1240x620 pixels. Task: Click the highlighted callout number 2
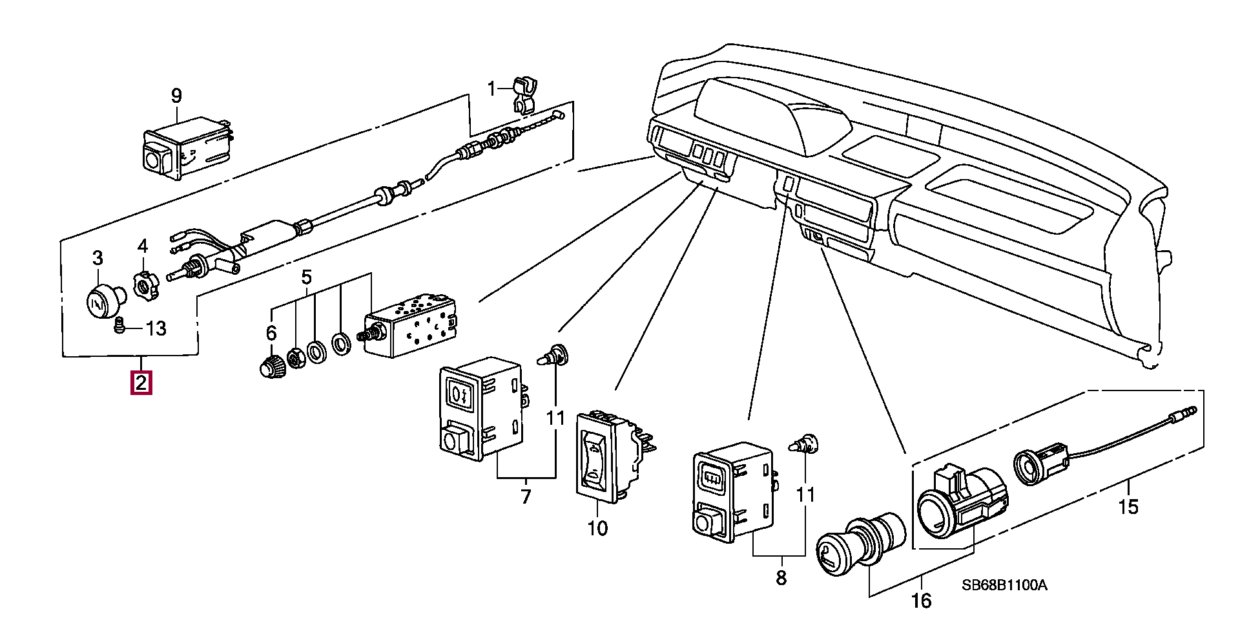[x=141, y=383]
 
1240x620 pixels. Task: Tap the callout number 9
[x=176, y=96]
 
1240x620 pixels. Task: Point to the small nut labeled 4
[x=145, y=284]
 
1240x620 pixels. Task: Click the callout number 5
[x=306, y=277]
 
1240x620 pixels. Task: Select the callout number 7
[x=526, y=497]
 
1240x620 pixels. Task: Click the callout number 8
[x=781, y=577]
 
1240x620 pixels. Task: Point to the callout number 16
[x=922, y=601]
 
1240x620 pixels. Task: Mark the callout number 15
[x=1128, y=507]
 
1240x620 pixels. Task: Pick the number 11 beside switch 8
[x=805, y=496]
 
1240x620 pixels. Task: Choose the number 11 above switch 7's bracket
[x=555, y=419]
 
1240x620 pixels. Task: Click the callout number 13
[x=156, y=328]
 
